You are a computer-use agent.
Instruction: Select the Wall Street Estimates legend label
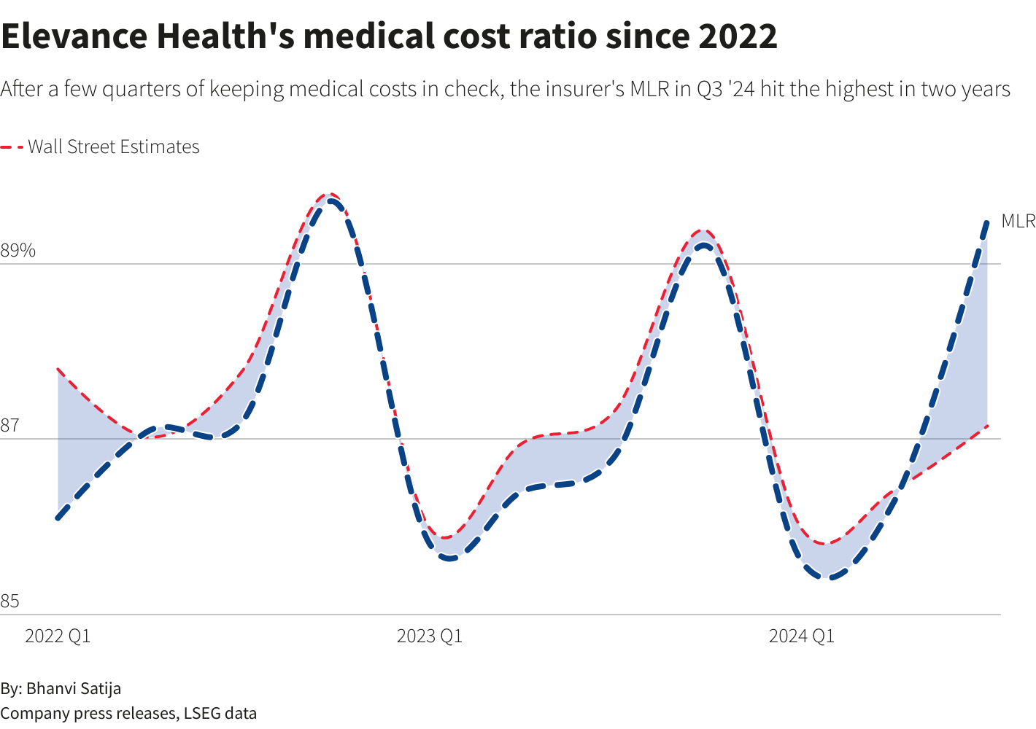point(114,147)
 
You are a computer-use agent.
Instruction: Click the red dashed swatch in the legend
point(12,147)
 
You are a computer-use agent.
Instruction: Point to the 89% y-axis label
point(18,251)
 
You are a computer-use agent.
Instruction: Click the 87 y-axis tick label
point(9,426)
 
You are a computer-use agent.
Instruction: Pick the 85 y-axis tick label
point(9,601)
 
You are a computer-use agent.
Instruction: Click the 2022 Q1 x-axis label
point(58,636)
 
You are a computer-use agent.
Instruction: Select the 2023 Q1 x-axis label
point(429,636)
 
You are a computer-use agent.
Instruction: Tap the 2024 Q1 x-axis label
point(801,636)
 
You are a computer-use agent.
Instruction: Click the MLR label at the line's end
point(1018,221)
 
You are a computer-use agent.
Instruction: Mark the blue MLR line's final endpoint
point(987,221)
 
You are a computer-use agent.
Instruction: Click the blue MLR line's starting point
point(58,518)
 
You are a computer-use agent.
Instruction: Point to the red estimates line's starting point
point(58,369)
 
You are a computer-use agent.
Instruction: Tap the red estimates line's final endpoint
point(987,425)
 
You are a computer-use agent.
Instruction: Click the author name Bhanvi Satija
point(74,688)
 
